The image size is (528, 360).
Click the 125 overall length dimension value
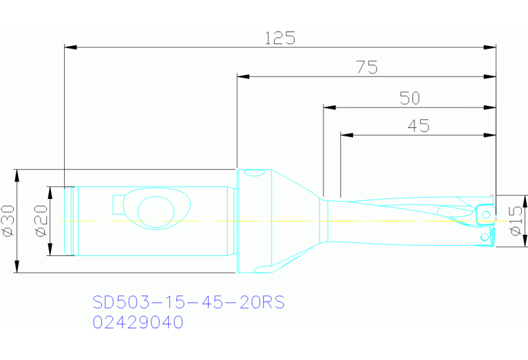coord(280,38)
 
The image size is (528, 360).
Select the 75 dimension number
coord(366,67)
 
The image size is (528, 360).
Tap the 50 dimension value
coord(410,98)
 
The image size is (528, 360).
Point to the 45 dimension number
coord(418,126)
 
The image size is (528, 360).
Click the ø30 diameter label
coord(8,221)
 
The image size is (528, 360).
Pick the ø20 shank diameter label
coord(40,221)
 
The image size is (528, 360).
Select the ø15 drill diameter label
coord(516,221)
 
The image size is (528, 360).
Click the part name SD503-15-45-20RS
coord(188,302)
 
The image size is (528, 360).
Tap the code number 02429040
coord(138,322)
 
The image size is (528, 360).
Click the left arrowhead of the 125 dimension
coord(70,47)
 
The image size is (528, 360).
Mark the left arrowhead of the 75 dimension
coord(242,76)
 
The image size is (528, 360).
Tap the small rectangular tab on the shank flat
coord(118,204)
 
